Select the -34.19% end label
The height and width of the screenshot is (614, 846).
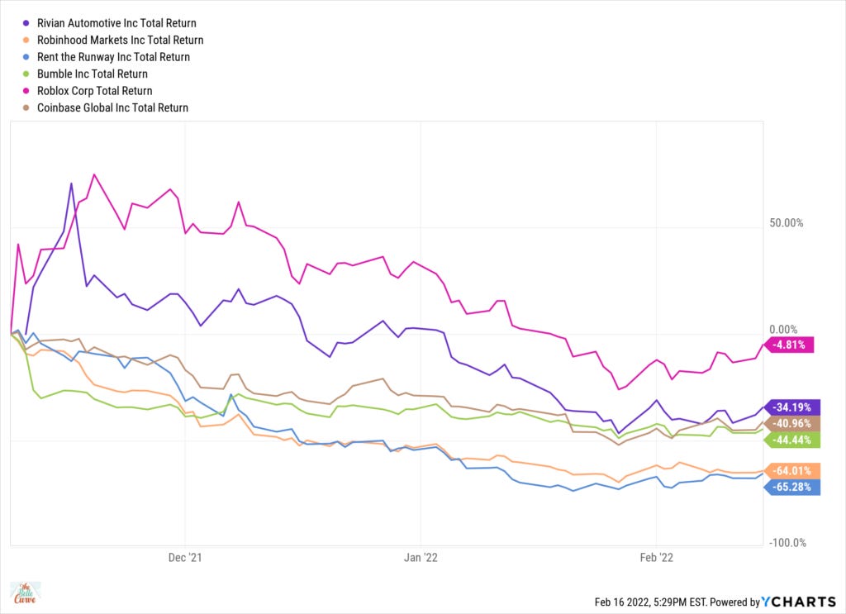coord(796,407)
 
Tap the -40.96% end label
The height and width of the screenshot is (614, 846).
coord(796,424)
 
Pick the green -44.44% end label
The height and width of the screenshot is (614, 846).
coord(796,440)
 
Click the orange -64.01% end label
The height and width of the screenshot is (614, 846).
coord(796,471)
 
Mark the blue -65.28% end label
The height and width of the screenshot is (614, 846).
coord(796,488)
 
